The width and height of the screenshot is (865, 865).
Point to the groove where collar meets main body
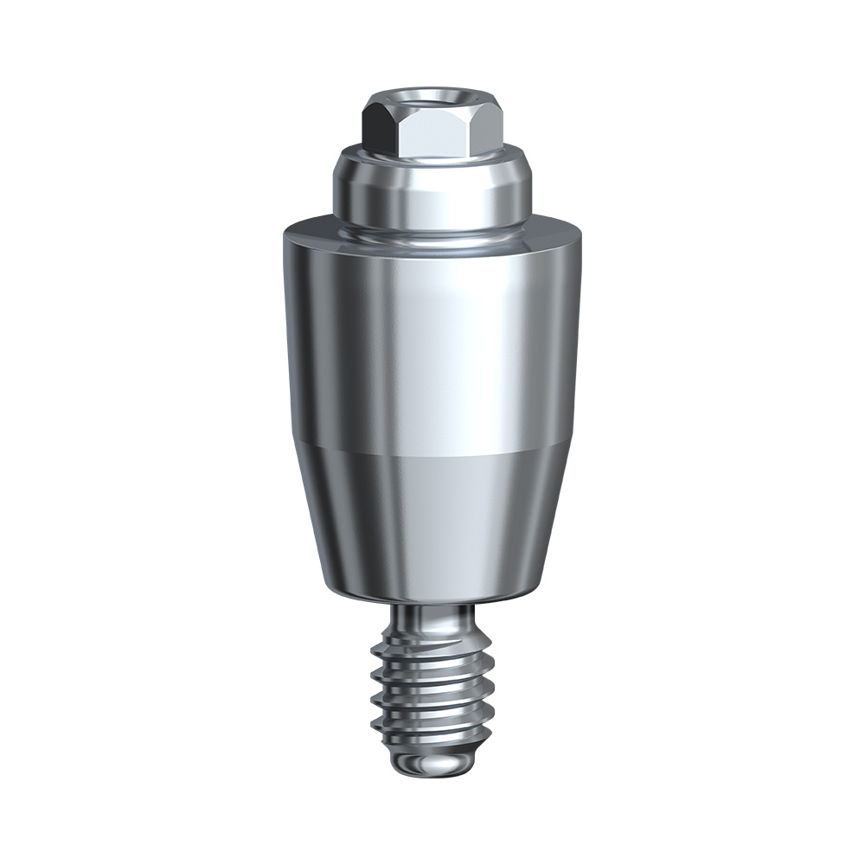tap(432, 227)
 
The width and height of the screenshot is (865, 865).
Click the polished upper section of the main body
tap(432, 346)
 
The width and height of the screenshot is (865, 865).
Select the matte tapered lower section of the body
tap(432, 519)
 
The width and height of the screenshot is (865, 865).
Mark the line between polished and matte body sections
tap(432, 452)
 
